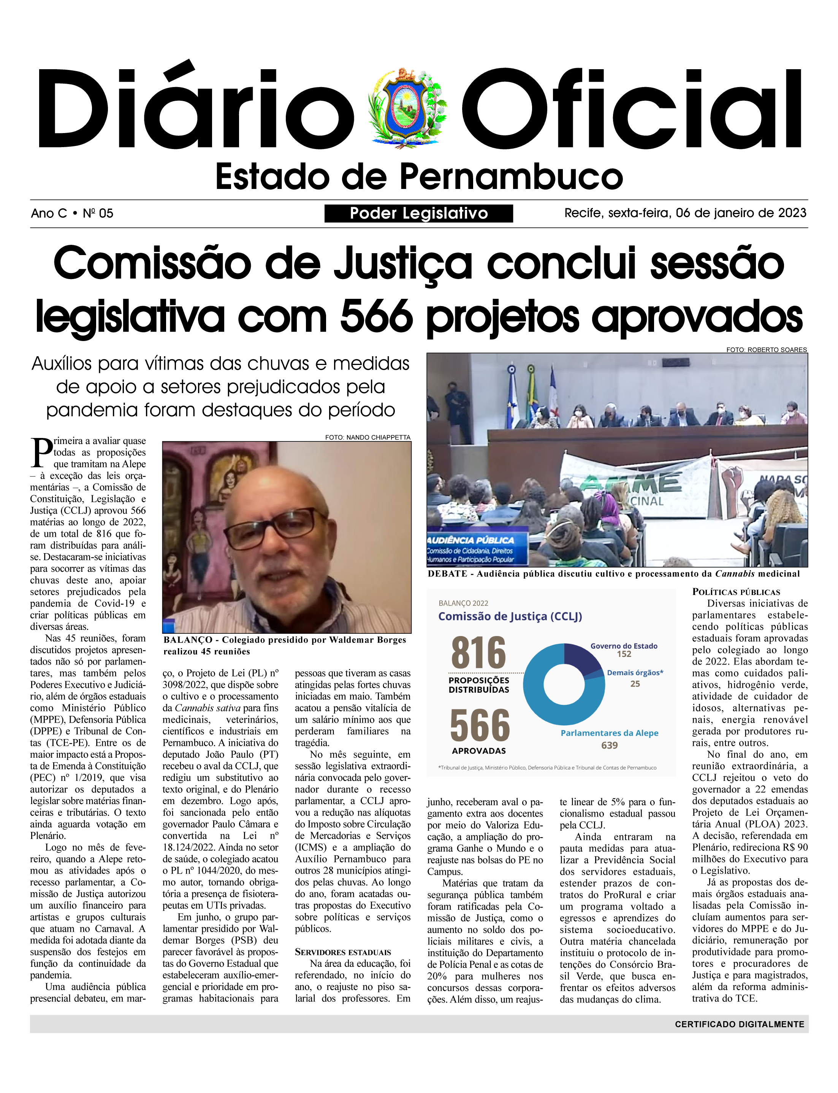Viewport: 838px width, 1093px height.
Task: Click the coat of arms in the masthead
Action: pyautogui.click(x=407, y=108)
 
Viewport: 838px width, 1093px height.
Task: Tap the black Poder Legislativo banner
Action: pyautogui.click(x=418, y=214)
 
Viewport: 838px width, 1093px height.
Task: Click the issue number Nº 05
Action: pyautogui.click(x=98, y=214)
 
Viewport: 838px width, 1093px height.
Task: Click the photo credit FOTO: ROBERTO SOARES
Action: pyautogui.click(x=766, y=350)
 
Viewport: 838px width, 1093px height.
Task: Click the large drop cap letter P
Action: pyautogui.click(x=41, y=453)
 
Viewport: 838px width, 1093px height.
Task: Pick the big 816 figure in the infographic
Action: pyautogui.click(x=478, y=653)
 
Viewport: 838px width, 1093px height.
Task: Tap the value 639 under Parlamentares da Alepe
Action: pyautogui.click(x=609, y=745)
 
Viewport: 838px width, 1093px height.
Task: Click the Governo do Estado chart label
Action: pyautogui.click(x=624, y=646)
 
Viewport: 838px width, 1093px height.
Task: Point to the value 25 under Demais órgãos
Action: pyautogui.click(x=635, y=684)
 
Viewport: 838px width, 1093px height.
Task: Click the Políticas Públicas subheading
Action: pyautogui.click(x=736, y=592)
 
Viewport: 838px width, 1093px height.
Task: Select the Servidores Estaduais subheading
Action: pyautogui.click(x=343, y=952)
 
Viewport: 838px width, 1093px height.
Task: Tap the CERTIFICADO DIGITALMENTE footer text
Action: pyautogui.click(x=739, y=1024)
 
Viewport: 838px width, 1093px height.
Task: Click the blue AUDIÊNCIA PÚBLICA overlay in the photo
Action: pyautogui.click(x=471, y=540)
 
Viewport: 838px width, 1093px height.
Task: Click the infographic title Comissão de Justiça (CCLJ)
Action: pyautogui.click(x=510, y=617)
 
